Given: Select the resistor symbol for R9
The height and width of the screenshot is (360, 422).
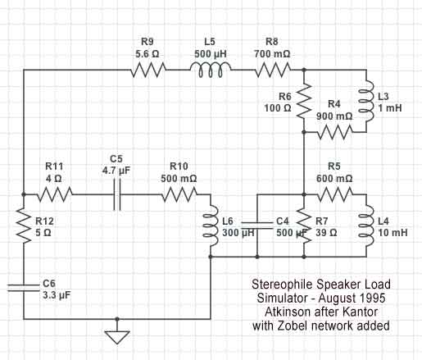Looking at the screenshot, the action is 148,70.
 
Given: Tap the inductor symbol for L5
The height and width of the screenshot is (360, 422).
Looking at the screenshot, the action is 211,70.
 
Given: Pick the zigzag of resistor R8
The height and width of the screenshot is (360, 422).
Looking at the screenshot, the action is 273,70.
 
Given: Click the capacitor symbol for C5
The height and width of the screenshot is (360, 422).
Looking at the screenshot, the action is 117,194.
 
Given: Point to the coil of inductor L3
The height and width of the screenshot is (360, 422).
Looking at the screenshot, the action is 366,101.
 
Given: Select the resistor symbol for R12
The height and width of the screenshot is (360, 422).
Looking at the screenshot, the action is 24,226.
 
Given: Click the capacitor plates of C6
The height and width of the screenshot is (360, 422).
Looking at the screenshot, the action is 24,288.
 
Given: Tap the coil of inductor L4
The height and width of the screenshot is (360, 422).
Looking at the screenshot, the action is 366,226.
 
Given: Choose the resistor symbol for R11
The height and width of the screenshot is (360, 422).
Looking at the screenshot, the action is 55,194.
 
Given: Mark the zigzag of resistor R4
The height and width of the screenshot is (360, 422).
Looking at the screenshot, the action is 335,132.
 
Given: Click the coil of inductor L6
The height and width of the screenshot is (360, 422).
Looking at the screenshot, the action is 211,226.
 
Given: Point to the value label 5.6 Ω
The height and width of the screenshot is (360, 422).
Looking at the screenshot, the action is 147,54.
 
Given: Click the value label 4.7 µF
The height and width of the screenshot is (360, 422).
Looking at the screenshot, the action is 116,171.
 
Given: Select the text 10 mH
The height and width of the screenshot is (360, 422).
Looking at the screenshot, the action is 393,233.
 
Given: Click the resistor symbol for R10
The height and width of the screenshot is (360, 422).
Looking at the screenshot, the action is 179,194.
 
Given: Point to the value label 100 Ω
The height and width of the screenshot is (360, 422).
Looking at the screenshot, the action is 278,108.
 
